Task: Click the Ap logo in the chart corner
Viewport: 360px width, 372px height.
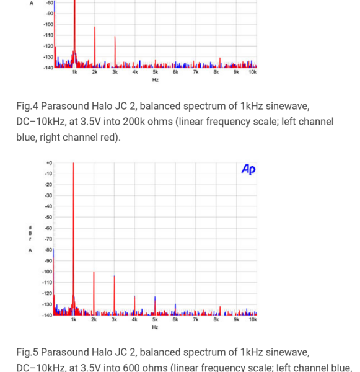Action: tap(248, 169)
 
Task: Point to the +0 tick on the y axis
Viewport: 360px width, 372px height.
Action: tap(48, 163)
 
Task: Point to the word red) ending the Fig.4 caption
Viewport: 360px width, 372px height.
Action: tap(106, 137)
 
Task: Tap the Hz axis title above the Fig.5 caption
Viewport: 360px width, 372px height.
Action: tap(155, 327)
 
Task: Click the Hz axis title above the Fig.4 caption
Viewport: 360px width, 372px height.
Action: tap(155, 80)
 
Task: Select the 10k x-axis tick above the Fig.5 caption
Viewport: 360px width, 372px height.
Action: tap(252, 321)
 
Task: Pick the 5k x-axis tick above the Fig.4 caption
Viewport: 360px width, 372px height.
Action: tap(155, 73)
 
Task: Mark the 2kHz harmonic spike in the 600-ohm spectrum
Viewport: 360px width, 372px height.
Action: tap(94, 291)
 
